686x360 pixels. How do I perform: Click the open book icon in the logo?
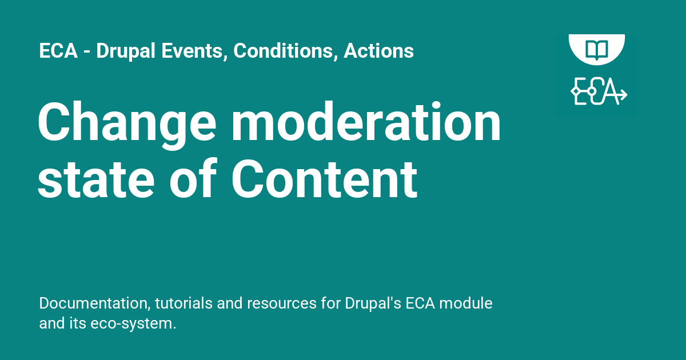coord(597,48)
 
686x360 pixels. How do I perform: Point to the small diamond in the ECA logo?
coord(575,91)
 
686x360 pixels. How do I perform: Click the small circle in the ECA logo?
coord(592,91)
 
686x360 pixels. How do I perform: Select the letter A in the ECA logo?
coord(611,91)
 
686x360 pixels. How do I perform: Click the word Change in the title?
coord(126,123)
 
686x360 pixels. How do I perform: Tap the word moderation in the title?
coord(366,123)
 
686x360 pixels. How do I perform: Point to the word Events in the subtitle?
coord(187,51)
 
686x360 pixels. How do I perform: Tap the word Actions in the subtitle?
coord(378,51)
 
